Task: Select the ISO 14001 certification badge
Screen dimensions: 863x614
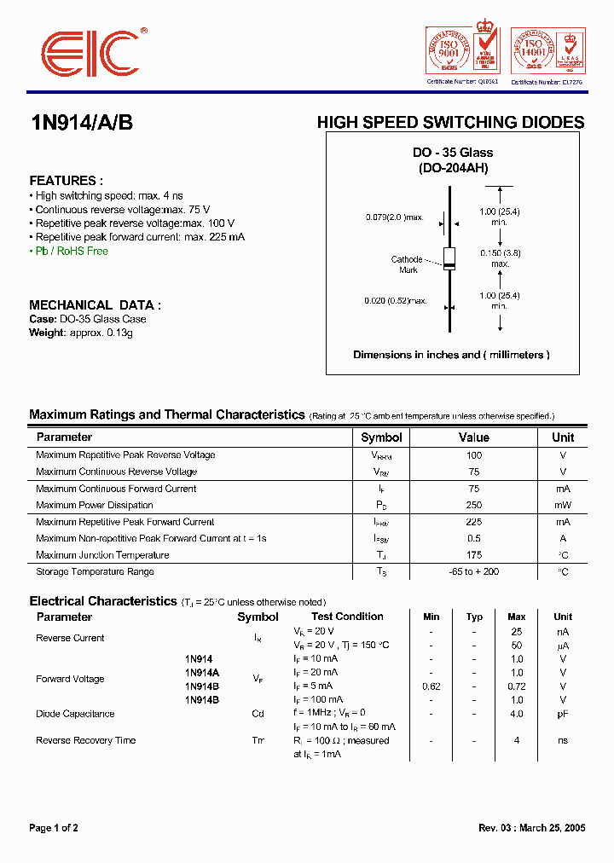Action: coord(547,52)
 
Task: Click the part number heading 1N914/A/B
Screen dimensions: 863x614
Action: coord(81,123)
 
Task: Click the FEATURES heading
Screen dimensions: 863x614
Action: coord(66,181)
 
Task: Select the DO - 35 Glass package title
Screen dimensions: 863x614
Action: coord(453,153)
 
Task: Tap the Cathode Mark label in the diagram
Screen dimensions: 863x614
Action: coord(407,264)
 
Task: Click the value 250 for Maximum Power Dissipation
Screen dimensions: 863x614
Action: coord(473,506)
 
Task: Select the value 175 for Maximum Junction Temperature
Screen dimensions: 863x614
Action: coord(473,555)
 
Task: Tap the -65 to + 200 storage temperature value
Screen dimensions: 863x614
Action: coord(473,572)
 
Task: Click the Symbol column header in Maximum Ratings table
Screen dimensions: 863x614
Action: coord(381,437)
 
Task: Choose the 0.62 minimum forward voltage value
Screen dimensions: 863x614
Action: coord(432,686)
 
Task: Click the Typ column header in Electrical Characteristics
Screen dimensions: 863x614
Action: coord(474,617)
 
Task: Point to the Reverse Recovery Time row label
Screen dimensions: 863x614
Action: coord(85,740)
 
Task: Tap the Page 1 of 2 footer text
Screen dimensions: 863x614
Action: coord(54,828)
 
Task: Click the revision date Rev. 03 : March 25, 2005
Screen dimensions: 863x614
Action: coord(531,828)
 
